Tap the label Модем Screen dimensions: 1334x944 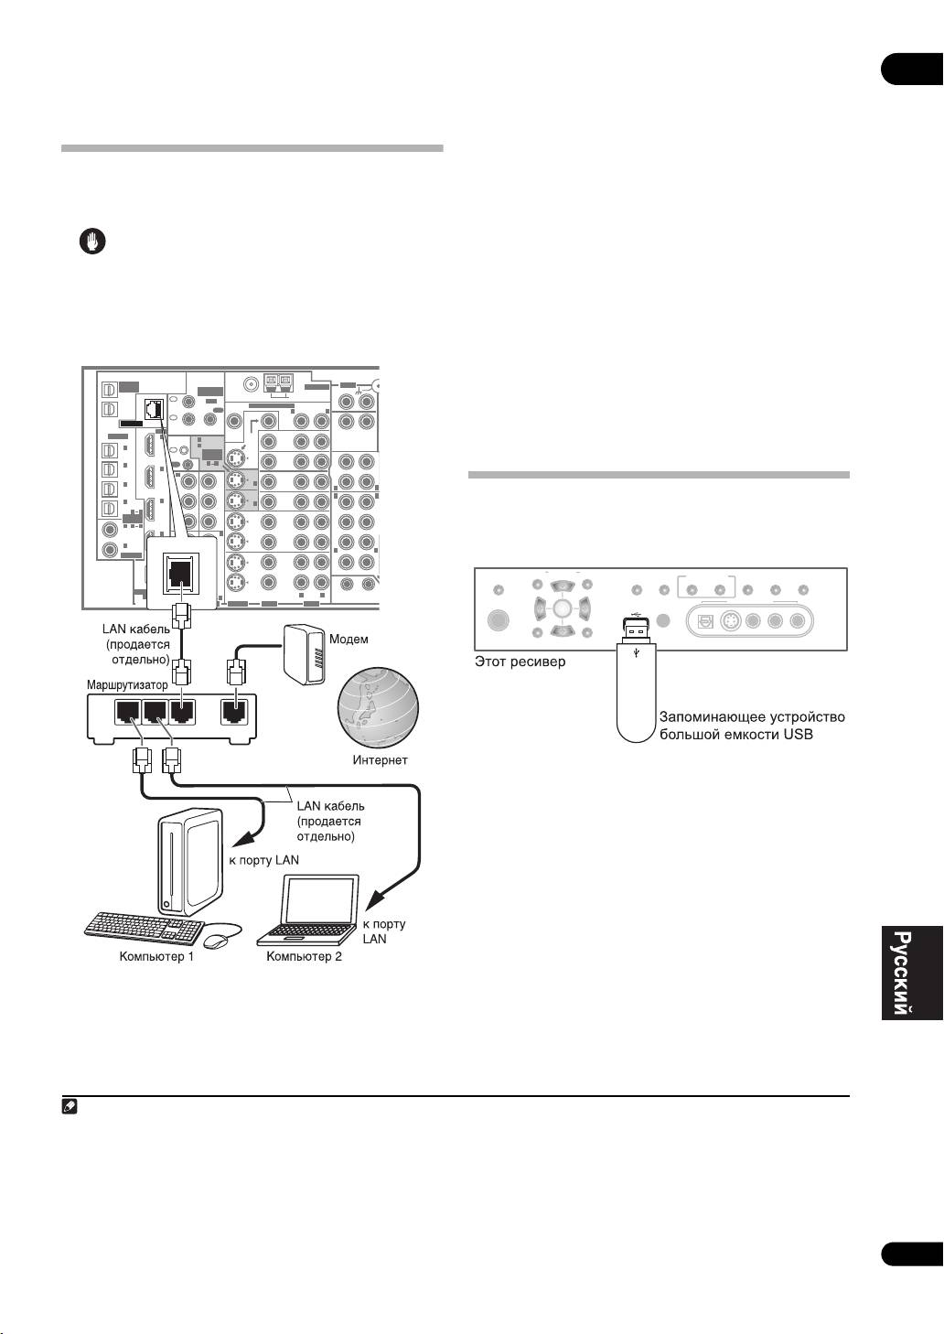[349, 639]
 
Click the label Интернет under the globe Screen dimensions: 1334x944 [380, 759]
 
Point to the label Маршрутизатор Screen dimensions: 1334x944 [127, 684]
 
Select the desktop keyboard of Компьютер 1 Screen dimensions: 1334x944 [145, 926]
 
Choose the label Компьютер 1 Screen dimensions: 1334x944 [156, 957]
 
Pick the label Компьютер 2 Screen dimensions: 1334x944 [304, 957]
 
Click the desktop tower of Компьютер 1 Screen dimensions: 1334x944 [190, 862]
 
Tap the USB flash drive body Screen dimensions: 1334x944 [637, 694]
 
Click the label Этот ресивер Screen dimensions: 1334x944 [520, 661]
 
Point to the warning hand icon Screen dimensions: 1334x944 [91, 242]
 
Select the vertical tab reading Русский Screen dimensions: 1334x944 [903, 972]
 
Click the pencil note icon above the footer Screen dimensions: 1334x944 [70, 1106]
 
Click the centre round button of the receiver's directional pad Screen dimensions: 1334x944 [562, 608]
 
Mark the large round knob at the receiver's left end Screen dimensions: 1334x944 [498, 621]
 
